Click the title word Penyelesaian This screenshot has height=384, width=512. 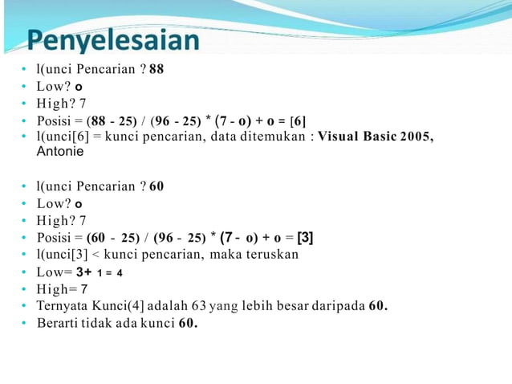(112, 40)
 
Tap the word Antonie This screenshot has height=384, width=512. (61, 151)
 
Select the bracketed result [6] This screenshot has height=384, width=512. (298, 121)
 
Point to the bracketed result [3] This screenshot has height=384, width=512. (305, 238)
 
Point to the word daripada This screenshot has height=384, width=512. (339, 306)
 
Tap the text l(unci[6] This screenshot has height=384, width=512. (65, 137)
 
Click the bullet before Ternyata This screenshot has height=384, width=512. (25, 306)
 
